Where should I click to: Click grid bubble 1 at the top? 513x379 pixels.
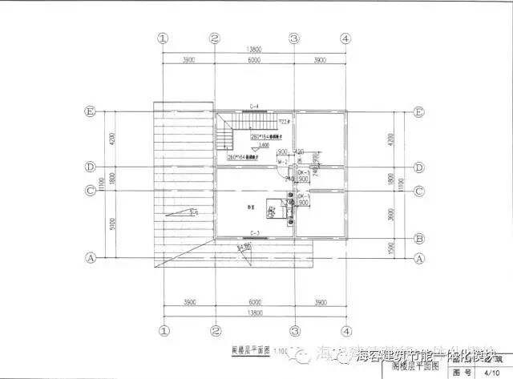(163, 38)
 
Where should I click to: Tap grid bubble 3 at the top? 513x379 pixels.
(294, 38)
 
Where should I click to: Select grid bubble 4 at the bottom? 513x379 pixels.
(345, 329)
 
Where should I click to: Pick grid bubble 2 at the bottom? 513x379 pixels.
(215, 329)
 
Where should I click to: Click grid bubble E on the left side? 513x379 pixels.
(90, 112)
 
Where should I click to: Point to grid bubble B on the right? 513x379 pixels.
(418, 238)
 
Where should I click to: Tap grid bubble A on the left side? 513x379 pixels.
(90, 258)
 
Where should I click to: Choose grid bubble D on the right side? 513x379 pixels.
(418, 167)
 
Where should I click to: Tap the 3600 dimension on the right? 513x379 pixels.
(390, 214)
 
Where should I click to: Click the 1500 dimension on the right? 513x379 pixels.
(390, 248)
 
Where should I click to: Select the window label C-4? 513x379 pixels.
(254, 107)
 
